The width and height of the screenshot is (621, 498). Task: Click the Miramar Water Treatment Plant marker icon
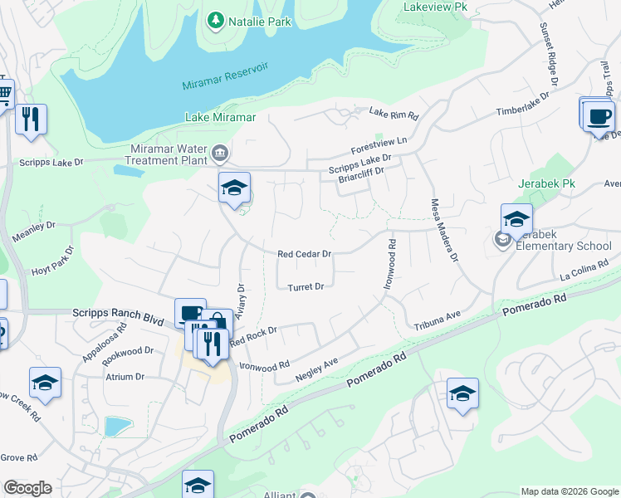[x=220, y=152]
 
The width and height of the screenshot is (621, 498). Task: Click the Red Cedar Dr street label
[x=305, y=254]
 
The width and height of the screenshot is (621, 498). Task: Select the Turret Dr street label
[x=306, y=287]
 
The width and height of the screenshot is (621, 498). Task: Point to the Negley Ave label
[x=318, y=369]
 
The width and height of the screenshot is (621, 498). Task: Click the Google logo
[x=27, y=488]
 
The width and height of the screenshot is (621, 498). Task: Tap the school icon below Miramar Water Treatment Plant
[x=234, y=188]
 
